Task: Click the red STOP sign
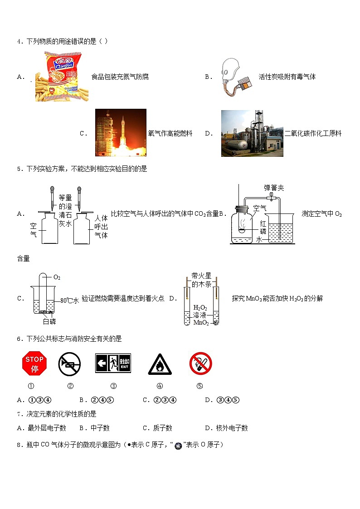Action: tap(34, 364)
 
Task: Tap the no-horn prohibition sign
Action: tap(69, 364)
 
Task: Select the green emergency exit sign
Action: tap(113, 364)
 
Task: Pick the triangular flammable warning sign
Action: tap(160, 364)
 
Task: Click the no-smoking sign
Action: tap(200, 364)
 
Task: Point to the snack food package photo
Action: tap(62, 76)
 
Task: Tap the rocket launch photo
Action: tap(121, 132)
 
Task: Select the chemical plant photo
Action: tap(252, 133)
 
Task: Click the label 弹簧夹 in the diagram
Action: tap(274, 188)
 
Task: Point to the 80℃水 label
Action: tap(70, 300)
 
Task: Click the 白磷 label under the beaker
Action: tap(49, 321)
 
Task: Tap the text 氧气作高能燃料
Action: tap(170, 133)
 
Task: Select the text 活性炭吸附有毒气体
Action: tap(287, 77)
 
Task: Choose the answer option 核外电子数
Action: tap(232, 428)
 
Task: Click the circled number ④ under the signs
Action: tap(160, 386)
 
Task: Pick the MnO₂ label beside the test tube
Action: tap(201, 323)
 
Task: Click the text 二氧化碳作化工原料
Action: tap(313, 133)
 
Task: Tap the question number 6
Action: tap(19, 339)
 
